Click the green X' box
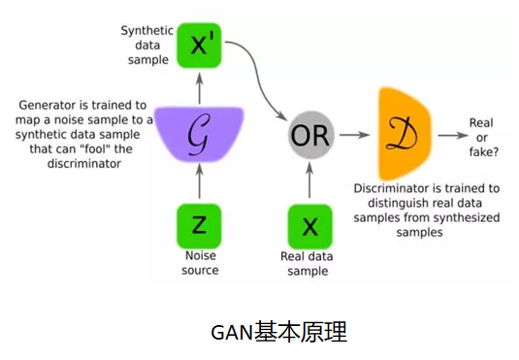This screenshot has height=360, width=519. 199,45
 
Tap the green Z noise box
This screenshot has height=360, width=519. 198,225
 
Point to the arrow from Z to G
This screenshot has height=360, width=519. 198,182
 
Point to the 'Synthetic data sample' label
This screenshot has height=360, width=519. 146,45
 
